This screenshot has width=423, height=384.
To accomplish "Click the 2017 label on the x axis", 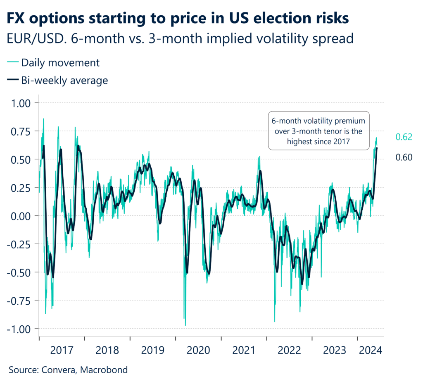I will pyautogui.click(x=62, y=351).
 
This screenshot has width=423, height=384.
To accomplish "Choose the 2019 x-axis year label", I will pyautogui.click(x=153, y=351).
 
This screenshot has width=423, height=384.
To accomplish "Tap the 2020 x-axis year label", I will pyautogui.click(x=198, y=351).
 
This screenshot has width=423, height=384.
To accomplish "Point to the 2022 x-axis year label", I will pyautogui.click(x=289, y=351).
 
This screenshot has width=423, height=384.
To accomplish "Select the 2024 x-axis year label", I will pyautogui.click(x=371, y=351).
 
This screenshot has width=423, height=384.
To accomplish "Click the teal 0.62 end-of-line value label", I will pyautogui.click(x=404, y=138).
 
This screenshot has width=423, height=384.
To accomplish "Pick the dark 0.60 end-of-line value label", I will pyautogui.click(x=404, y=157).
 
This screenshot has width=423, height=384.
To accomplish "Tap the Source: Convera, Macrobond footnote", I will pyautogui.click(x=68, y=370).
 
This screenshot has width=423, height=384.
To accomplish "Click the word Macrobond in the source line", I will pyautogui.click(x=104, y=370).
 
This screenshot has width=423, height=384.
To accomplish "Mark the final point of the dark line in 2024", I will pyautogui.click(x=377, y=148).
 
